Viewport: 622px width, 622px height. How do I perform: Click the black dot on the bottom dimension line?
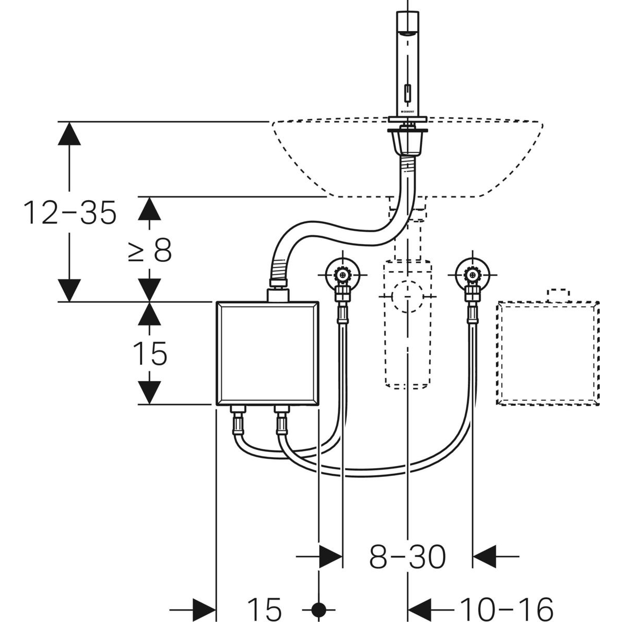pyautogui.click(x=319, y=607)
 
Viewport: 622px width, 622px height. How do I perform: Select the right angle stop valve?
pyautogui.click(x=472, y=275)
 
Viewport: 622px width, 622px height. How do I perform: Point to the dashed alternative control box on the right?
pyautogui.click(x=548, y=352)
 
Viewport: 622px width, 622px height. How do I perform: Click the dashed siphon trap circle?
pyautogui.click(x=407, y=295)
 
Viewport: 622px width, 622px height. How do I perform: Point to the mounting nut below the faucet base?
pyautogui.click(x=407, y=140)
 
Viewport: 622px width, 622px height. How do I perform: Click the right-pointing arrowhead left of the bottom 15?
pyautogui.click(x=204, y=607)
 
